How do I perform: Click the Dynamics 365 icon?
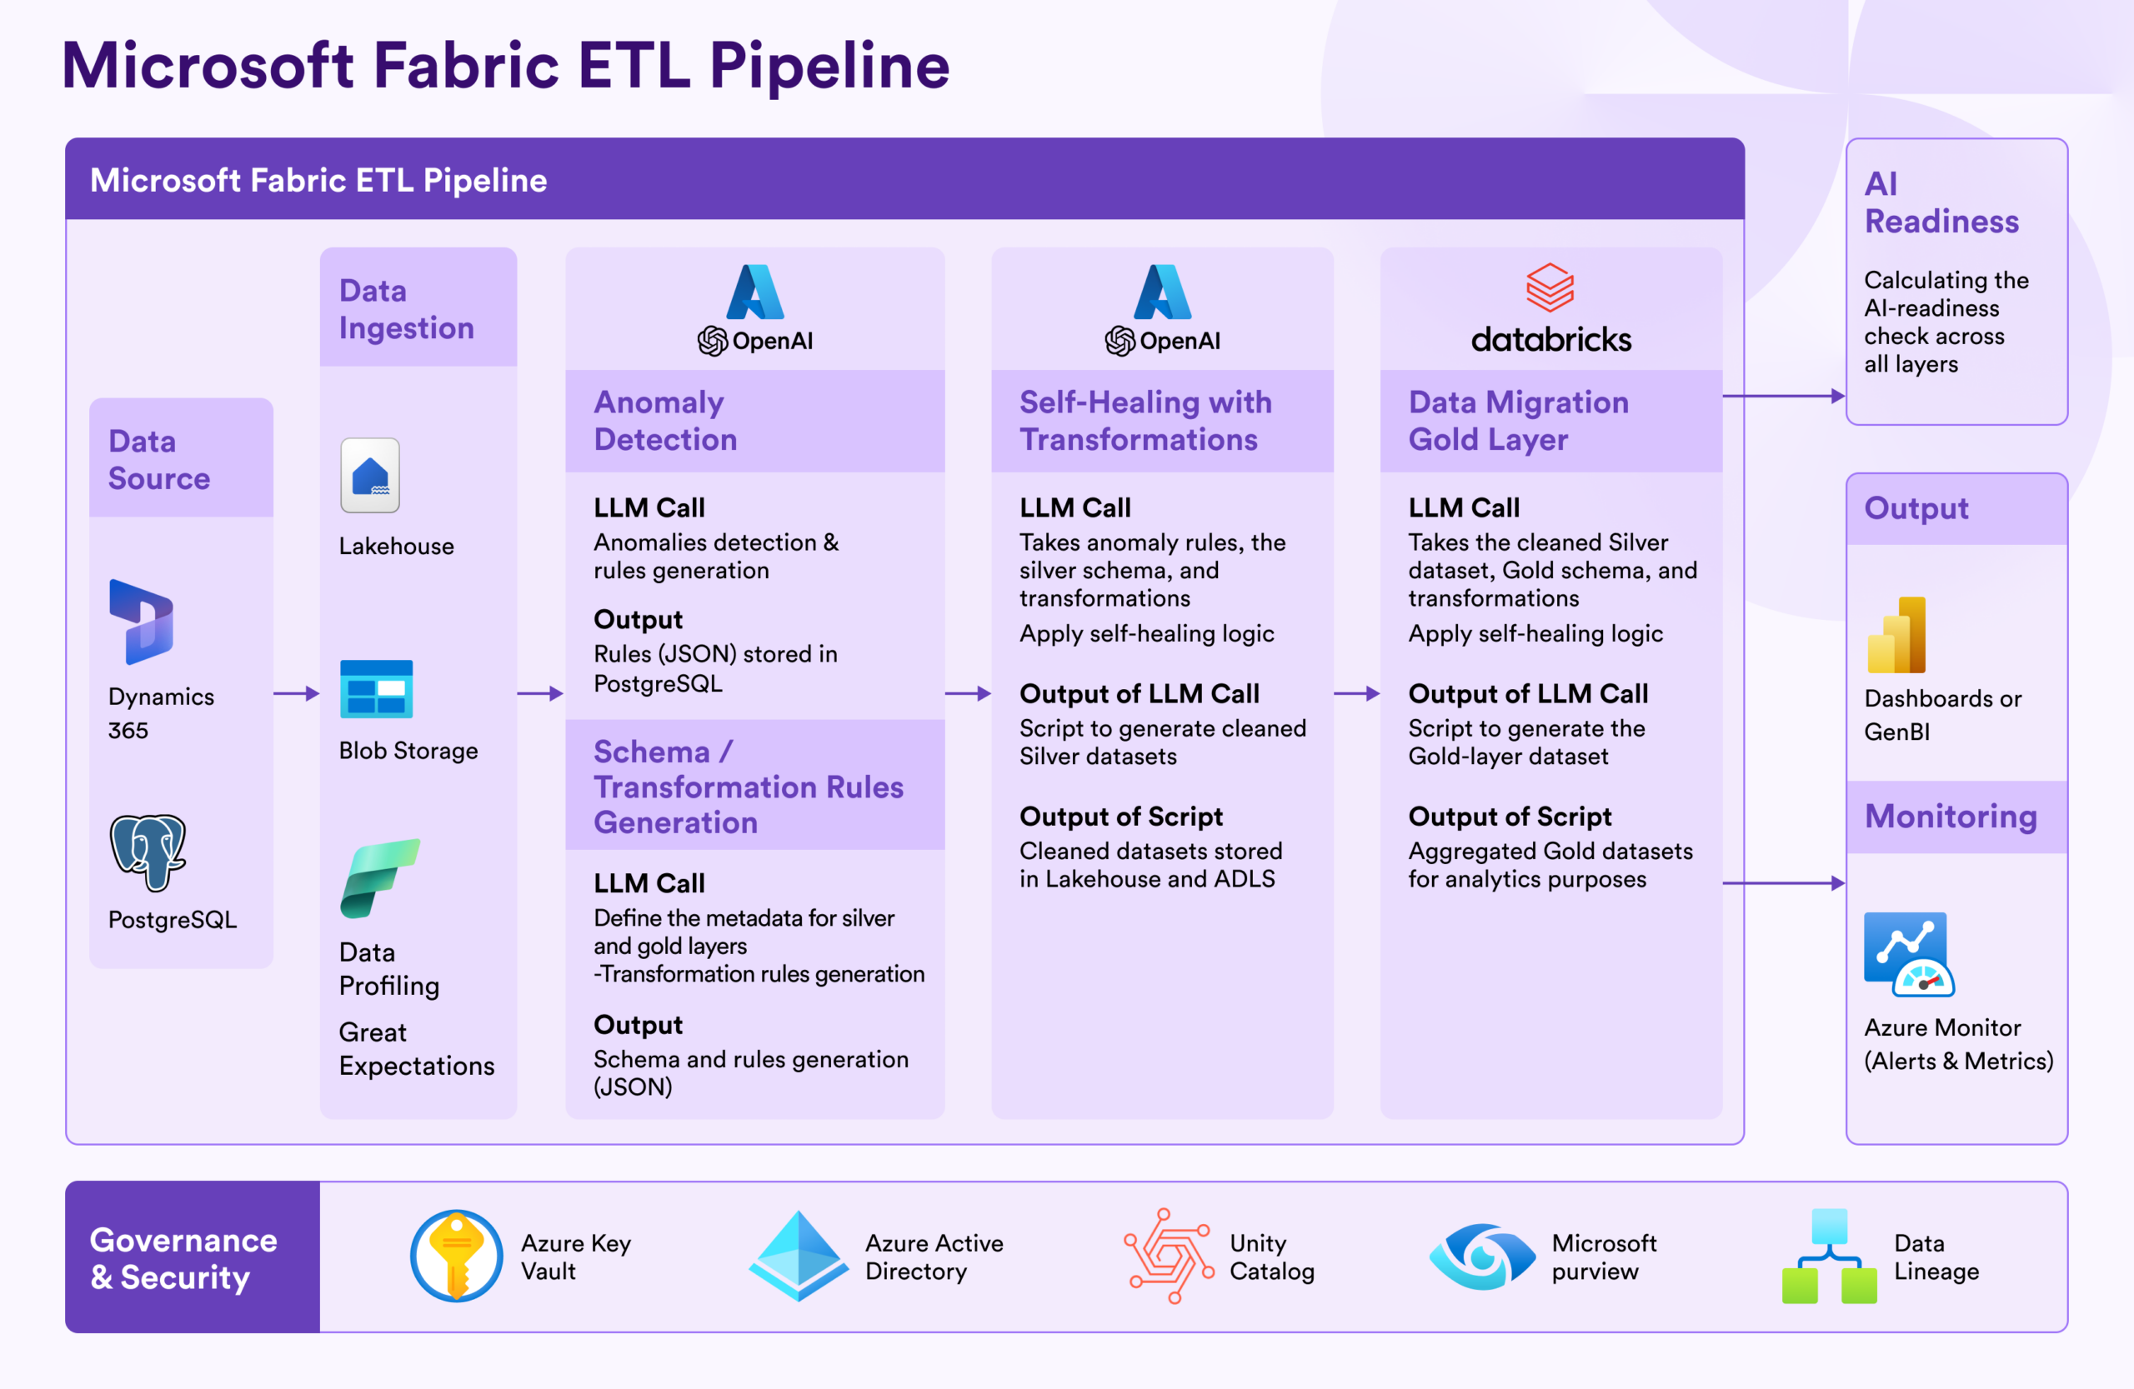141,622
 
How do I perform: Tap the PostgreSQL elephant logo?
148,852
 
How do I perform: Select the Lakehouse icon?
370,475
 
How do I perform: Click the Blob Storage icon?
377,689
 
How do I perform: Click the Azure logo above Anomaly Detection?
755,292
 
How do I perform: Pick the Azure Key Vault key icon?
456,1256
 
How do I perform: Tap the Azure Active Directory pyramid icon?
799,1256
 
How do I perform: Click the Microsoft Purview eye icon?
1482,1257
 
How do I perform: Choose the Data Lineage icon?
1829,1256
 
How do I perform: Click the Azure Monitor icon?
1909,954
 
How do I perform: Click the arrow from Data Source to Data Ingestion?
297,693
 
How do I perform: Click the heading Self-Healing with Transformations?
1146,420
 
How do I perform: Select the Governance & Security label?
184,1258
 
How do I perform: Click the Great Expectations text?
417,1048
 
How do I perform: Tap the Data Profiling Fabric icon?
379,878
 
